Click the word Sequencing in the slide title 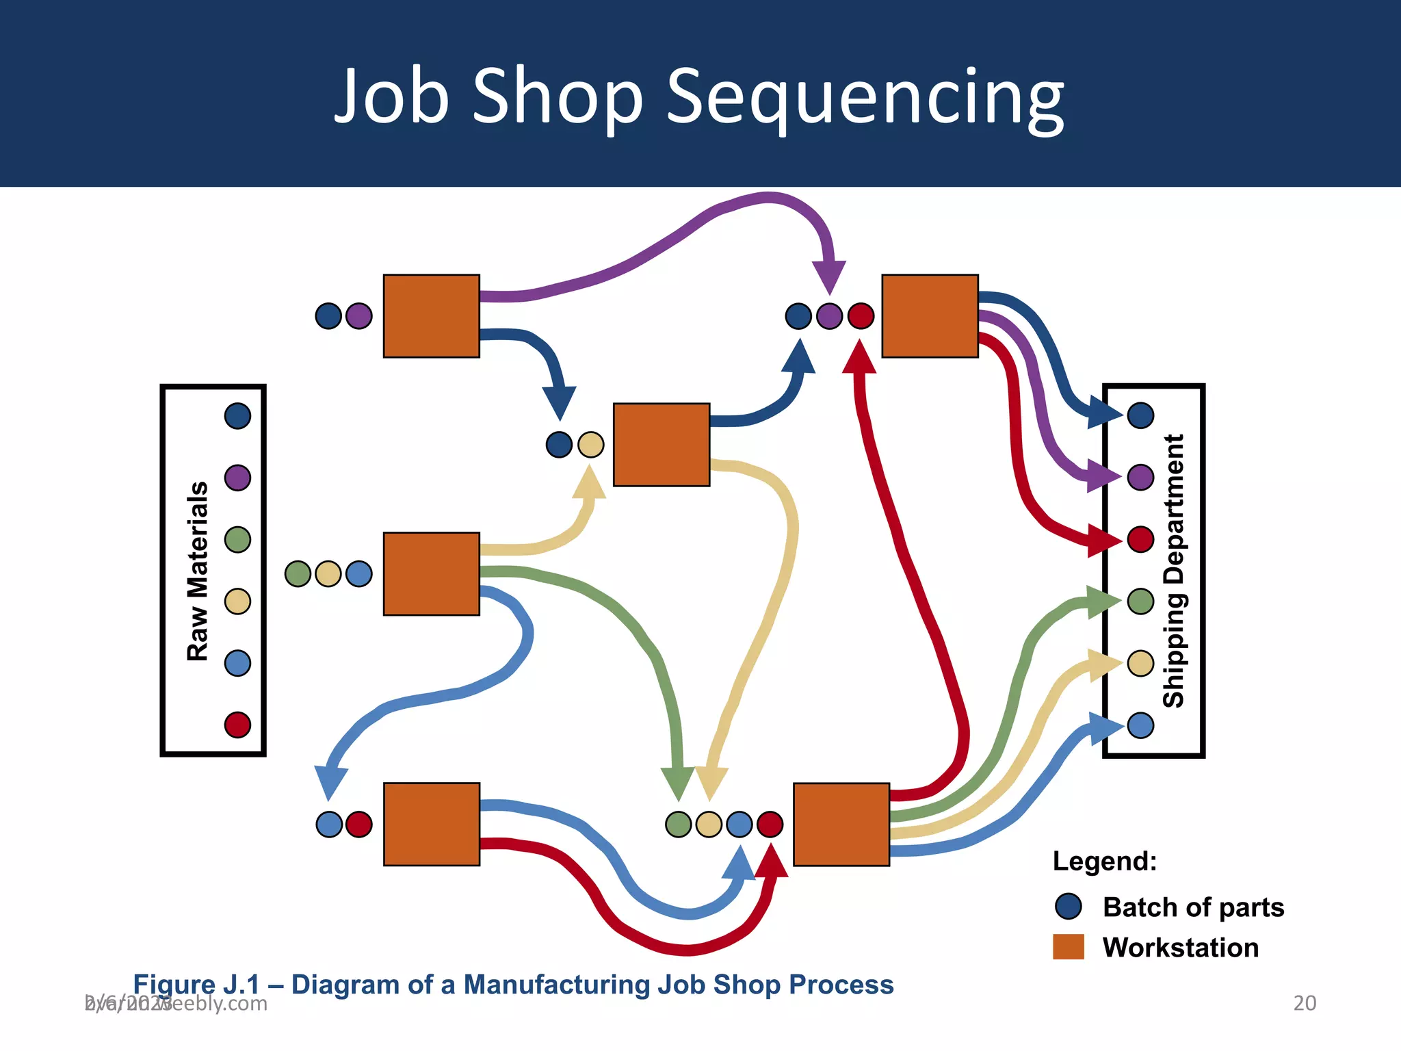tap(865, 97)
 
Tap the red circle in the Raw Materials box tap(237, 725)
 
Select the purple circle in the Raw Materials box tap(237, 478)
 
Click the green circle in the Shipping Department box tap(1140, 601)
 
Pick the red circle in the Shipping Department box tap(1140, 539)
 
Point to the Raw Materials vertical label tap(198, 571)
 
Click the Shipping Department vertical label tap(1174, 571)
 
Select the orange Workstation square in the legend tap(1068, 947)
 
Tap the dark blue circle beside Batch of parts tap(1068, 907)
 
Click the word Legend tap(1104, 861)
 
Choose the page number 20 tap(1305, 1003)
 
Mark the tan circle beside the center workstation tap(591, 445)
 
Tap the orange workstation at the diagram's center tap(662, 445)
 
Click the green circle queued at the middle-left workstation tap(298, 573)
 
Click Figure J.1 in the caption tap(197, 985)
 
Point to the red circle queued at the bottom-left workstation tap(359, 825)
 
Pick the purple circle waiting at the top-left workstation tap(359, 316)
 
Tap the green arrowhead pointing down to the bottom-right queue tap(678, 784)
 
